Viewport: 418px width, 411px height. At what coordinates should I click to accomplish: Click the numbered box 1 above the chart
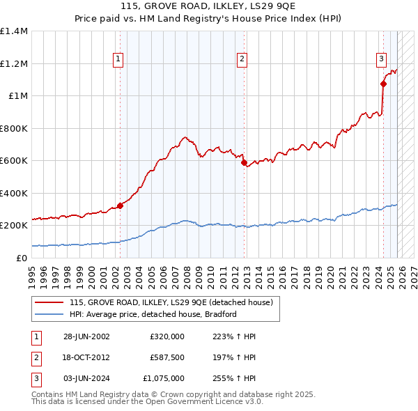118,60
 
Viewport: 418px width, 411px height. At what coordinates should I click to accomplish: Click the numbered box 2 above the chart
242,60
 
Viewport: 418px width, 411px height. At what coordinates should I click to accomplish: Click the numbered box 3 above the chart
382,60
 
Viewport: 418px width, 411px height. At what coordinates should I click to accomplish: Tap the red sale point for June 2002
120,205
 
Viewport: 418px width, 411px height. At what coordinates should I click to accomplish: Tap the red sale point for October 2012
245,163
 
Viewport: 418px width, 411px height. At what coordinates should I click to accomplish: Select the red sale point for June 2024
383,84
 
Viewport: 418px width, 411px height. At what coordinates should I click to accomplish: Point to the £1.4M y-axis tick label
14,31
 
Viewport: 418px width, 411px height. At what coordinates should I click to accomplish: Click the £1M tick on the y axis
17,96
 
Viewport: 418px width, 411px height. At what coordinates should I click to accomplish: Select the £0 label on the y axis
22,258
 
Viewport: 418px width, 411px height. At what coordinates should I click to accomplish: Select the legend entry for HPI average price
153,314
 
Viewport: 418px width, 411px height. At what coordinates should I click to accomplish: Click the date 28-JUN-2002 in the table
86,336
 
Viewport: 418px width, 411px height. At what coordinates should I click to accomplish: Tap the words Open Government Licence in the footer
202,402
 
